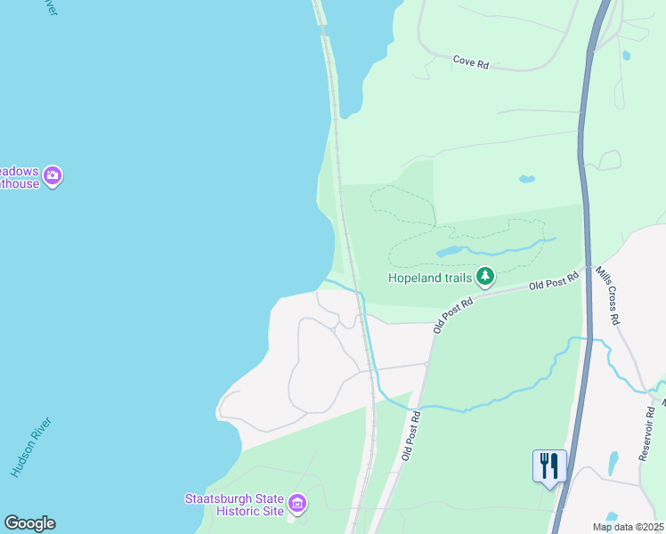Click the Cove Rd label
[x=471, y=62]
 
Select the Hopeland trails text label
[x=429, y=278]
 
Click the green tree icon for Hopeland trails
[x=484, y=277]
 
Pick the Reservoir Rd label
[x=647, y=435]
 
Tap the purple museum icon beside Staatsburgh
[x=297, y=505]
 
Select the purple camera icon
[x=53, y=175]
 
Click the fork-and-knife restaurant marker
[x=548, y=466]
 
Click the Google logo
[x=29, y=523]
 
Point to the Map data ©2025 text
[x=627, y=527]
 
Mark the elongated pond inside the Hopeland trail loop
[x=448, y=253]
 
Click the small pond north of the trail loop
[x=526, y=178]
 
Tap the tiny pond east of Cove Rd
[x=627, y=55]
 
